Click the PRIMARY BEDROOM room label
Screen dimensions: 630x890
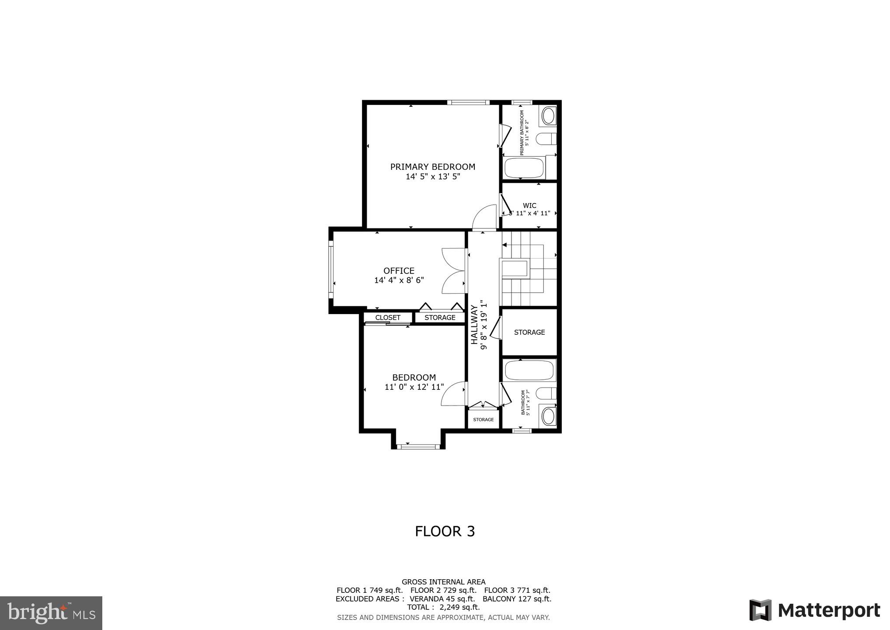tap(432, 167)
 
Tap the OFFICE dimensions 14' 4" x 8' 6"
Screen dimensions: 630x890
tap(399, 280)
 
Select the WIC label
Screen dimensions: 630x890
tap(529, 206)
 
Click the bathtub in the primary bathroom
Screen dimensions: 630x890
tap(524, 168)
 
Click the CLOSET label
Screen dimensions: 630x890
tap(388, 318)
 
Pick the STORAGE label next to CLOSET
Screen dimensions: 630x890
tap(440, 318)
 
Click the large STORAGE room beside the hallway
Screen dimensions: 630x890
tap(529, 332)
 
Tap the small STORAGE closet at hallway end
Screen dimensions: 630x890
tap(483, 420)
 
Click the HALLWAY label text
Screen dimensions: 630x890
tap(475, 325)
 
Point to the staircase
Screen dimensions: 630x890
tap(528, 269)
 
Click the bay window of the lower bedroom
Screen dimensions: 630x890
tap(418, 447)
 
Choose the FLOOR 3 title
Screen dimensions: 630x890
tap(445, 531)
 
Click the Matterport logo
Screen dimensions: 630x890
tap(814, 610)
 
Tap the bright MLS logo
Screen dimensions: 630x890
tap(51, 613)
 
